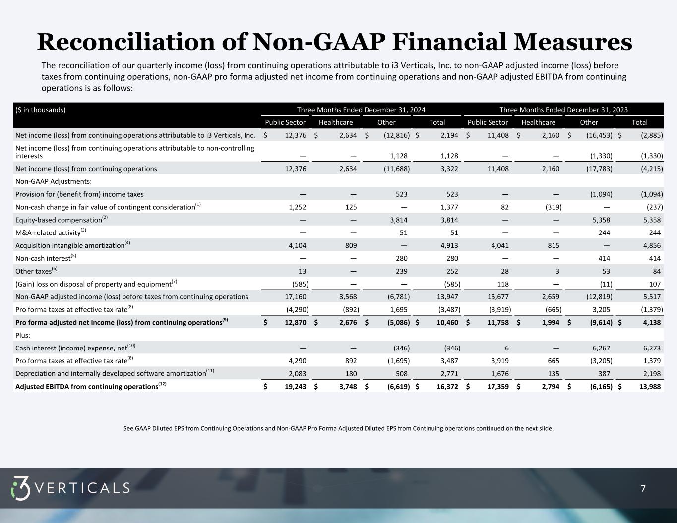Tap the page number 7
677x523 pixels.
[643, 489]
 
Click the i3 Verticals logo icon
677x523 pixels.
[21, 488]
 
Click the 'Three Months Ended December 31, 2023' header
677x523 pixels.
[563, 110]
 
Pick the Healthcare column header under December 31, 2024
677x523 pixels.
[336, 122]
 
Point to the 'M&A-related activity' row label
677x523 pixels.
[48, 233]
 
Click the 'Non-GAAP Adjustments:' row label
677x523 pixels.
[54, 181]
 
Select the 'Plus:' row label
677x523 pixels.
[24, 335]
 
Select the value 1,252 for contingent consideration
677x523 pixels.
[297, 207]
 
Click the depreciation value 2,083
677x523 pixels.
[297, 374]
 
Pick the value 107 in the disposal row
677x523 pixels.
[655, 284]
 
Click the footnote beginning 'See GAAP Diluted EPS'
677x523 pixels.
[338, 428]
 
